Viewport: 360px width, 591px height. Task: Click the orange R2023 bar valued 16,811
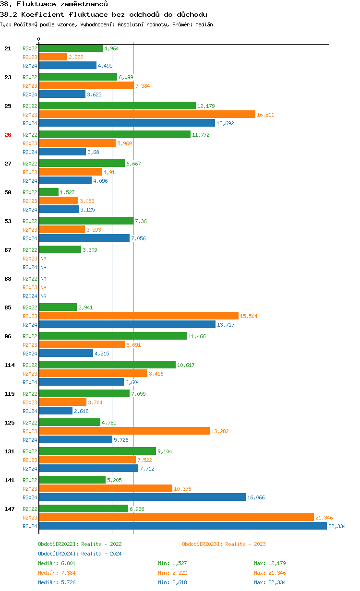[x=147, y=114]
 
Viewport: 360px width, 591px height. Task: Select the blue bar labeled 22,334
[x=183, y=526]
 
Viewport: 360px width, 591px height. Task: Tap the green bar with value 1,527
[x=48, y=192]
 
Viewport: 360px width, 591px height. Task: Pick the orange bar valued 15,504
[x=139, y=316]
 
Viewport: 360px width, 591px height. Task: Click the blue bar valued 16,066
[x=142, y=497]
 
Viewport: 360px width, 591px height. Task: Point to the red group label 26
[x=8, y=135]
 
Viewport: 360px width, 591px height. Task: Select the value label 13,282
[x=220, y=431]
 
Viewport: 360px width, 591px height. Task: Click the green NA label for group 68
[x=43, y=279]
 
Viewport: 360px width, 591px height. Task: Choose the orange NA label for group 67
[x=43, y=259]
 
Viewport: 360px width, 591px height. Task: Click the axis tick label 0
[x=39, y=39]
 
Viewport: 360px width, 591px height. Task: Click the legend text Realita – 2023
[x=245, y=544]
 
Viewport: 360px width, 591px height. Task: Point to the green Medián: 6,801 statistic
[x=57, y=563]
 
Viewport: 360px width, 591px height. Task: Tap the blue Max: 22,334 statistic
[x=270, y=582]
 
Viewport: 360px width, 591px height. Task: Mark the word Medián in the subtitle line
[x=204, y=24]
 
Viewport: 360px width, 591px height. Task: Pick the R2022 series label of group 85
[x=30, y=307]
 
